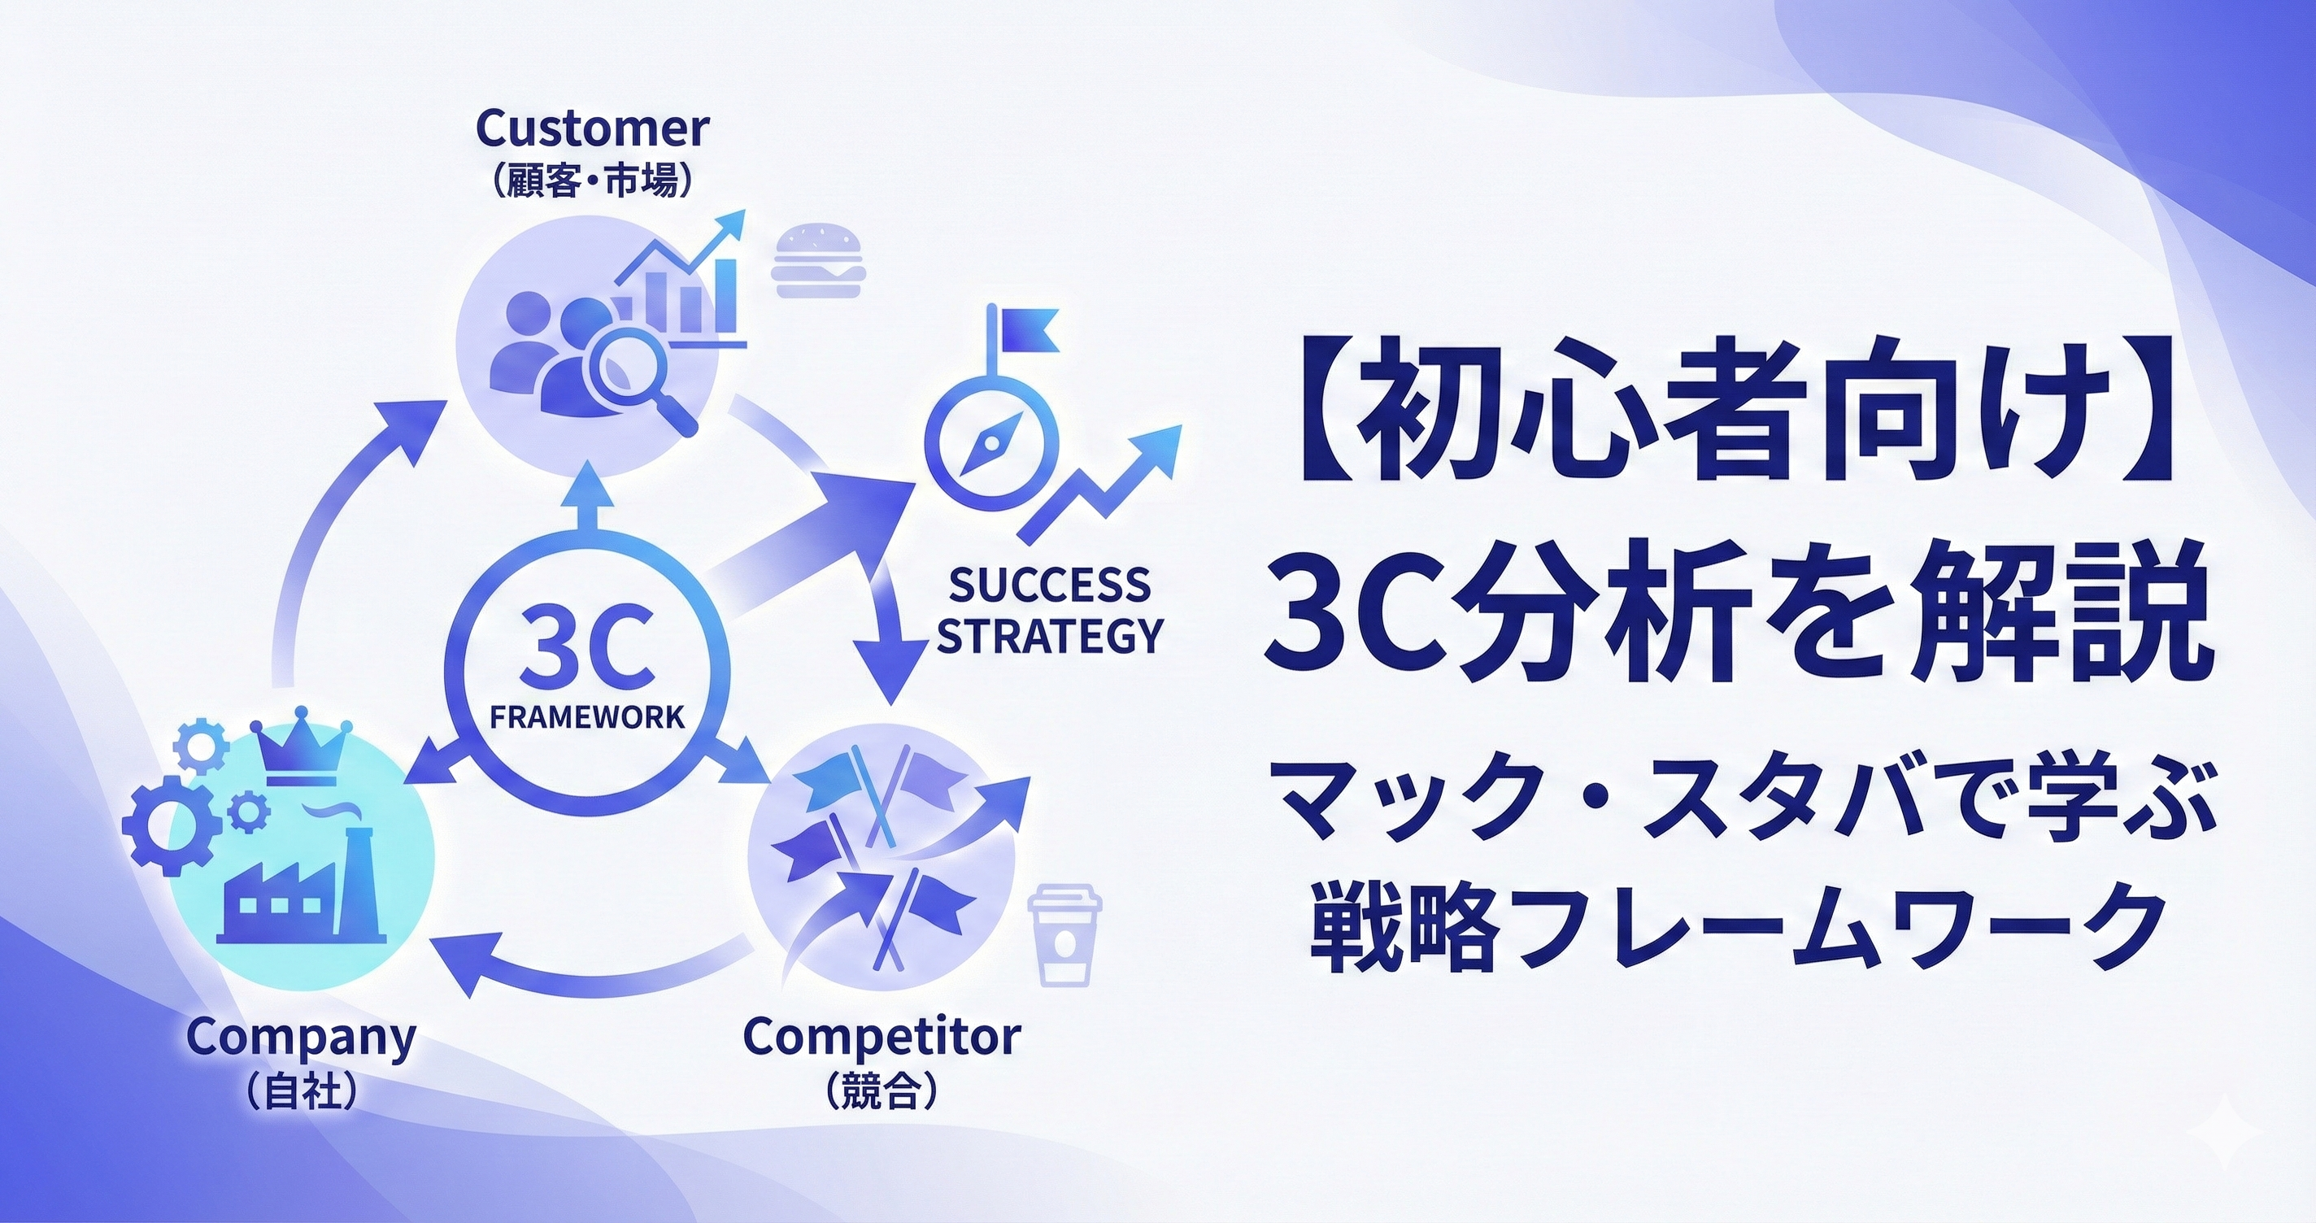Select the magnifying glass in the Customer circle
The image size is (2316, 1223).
click(x=639, y=385)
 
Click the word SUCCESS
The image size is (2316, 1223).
click(x=1049, y=585)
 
